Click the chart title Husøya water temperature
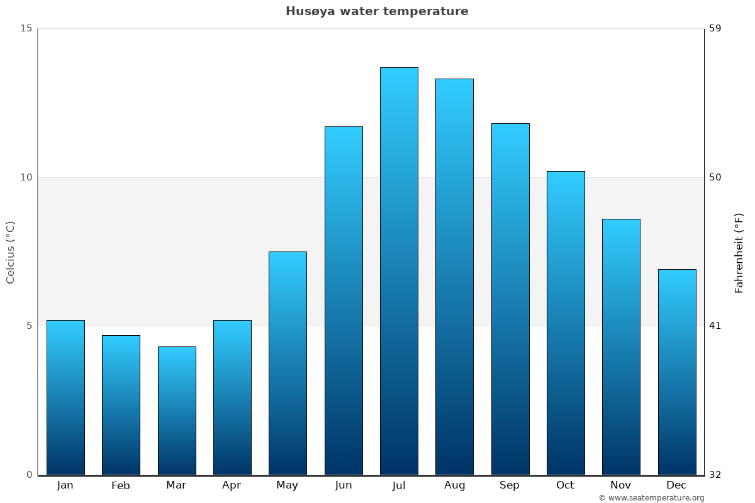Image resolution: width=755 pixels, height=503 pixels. pyautogui.click(x=377, y=11)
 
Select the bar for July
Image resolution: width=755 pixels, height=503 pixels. pyautogui.click(x=399, y=270)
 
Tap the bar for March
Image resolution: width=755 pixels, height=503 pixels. pyautogui.click(x=177, y=410)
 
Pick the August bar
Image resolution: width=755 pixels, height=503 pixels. pyautogui.click(x=454, y=277)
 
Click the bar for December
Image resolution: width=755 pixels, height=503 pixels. pyautogui.click(x=677, y=372)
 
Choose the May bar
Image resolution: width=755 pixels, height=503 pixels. pyautogui.click(x=288, y=363)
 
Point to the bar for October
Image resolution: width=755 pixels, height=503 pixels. pyautogui.click(x=566, y=323)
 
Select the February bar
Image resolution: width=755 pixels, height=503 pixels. pyautogui.click(x=121, y=404)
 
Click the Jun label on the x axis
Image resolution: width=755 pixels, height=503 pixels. pyautogui.click(x=344, y=485)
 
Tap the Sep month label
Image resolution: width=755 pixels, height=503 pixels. pyautogui.click(x=510, y=485)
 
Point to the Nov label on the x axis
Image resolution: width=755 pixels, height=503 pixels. pyautogui.click(x=621, y=485)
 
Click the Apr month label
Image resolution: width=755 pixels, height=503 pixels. pyautogui.click(x=232, y=485)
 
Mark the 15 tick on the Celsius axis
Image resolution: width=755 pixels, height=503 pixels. pyautogui.click(x=26, y=28)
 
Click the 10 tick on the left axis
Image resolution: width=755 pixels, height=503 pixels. pyautogui.click(x=26, y=177)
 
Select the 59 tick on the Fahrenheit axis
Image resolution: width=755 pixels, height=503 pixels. pyautogui.click(x=715, y=28)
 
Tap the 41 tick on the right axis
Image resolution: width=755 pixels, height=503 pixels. pyautogui.click(x=715, y=326)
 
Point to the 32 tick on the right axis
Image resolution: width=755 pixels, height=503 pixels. pyautogui.click(x=715, y=475)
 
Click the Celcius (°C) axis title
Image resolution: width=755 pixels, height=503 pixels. pyautogui.click(x=11, y=251)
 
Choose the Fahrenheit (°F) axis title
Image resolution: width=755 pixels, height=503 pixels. pyautogui.click(x=739, y=253)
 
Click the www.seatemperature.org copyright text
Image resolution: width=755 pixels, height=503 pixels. pyautogui.click(x=651, y=498)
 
